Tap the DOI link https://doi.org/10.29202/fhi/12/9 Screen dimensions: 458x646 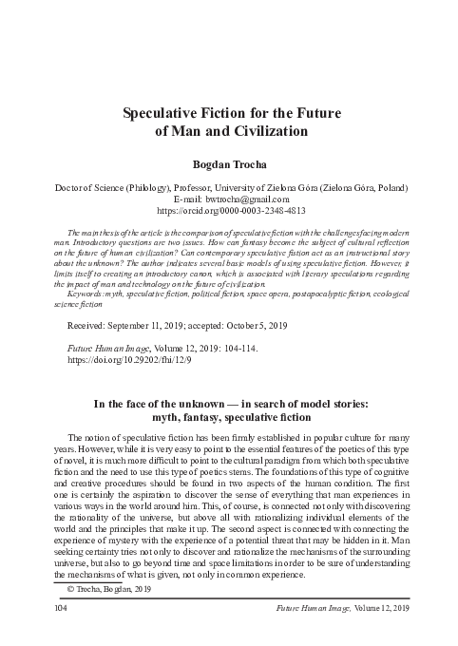click(116, 362)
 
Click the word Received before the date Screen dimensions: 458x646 click(86, 325)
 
